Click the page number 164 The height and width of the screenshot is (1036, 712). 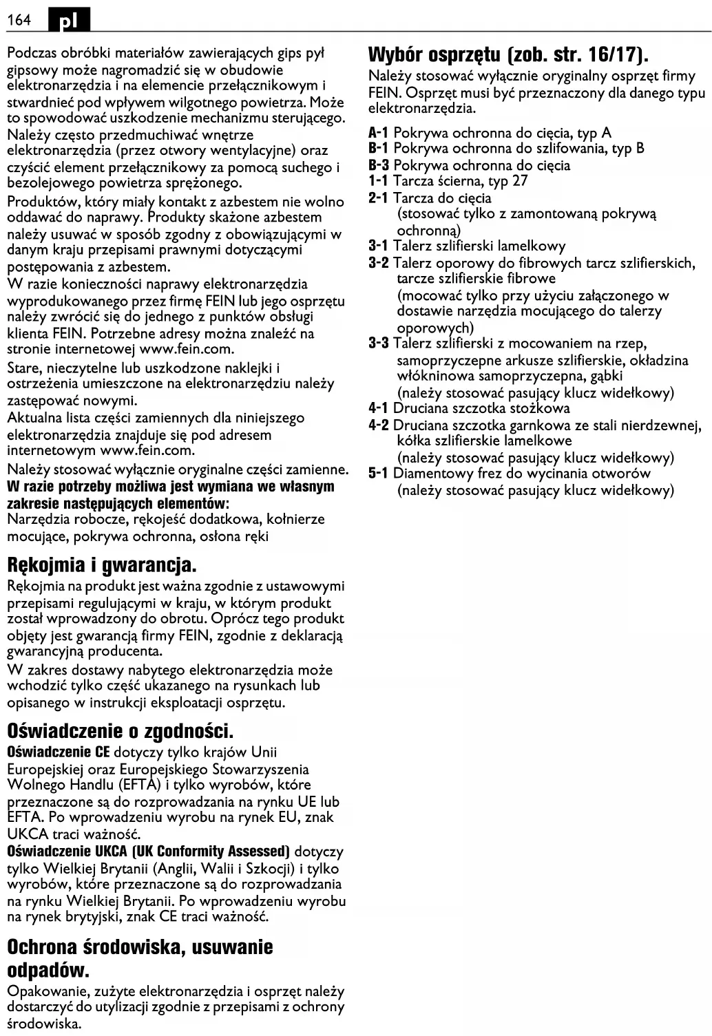(19, 20)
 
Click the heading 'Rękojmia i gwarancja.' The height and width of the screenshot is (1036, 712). (102, 566)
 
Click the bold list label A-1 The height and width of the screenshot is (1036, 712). (379, 133)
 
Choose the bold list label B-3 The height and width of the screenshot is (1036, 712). (379, 165)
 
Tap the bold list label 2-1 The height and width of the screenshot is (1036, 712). (379, 198)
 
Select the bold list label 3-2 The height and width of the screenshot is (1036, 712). (379, 263)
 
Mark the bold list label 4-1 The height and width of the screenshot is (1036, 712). (379, 409)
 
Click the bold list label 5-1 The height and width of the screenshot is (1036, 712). (379, 474)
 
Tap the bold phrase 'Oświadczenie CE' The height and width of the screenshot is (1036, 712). (59, 752)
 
